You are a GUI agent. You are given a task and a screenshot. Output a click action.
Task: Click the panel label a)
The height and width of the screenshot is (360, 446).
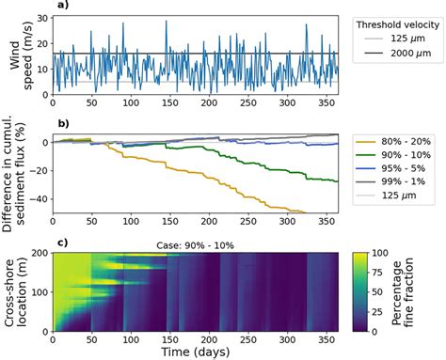point(61,6)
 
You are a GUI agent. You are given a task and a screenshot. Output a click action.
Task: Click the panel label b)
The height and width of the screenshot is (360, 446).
point(61,123)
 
